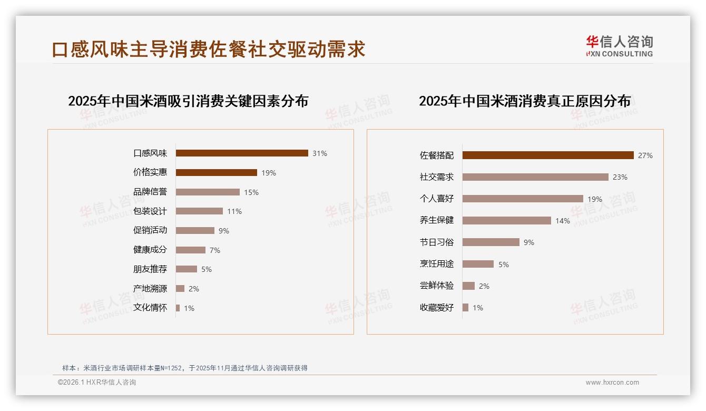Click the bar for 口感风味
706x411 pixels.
point(242,153)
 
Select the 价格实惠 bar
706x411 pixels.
point(217,173)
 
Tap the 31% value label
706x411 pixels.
point(320,153)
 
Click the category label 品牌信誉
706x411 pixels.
point(150,192)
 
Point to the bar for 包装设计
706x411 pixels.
point(199,211)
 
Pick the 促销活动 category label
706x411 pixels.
point(150,231)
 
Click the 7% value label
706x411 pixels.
point(214,250)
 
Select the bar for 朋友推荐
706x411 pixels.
point(187,269)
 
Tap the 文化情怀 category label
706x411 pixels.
point(150,308)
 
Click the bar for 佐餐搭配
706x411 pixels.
point(548,155)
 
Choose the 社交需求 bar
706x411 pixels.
point(535,177)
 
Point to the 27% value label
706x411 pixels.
point(645,155)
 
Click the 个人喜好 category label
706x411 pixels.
point(437,199)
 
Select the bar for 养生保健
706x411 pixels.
point(507,221)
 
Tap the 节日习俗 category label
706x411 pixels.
point(437,242)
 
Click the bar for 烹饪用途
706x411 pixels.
point(478,264)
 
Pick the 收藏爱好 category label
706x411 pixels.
point(437,308)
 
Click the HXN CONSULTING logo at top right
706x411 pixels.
point(620,46)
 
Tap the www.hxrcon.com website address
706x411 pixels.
point(612,383)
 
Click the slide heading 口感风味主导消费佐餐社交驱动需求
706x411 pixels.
point(209,50)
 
